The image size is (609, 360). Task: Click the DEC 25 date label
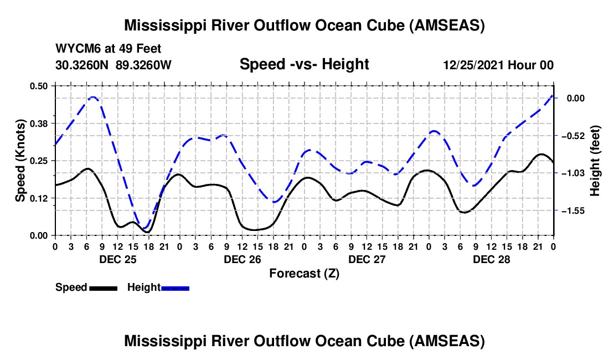pos(118,259)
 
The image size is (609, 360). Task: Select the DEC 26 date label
pos(242,259)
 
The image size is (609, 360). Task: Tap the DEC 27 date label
pos(367,259)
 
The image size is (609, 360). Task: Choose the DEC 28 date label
pos(492,259)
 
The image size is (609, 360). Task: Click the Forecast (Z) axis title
pos(304,273)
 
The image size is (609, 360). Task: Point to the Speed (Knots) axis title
pos(20,161)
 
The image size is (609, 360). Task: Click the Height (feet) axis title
pos(595,161)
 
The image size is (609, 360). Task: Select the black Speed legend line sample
pos(103,288)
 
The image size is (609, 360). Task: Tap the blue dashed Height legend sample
pos(175,288)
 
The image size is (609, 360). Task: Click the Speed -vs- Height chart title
pos(304,65)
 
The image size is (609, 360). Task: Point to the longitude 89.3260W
pos(144,65)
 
